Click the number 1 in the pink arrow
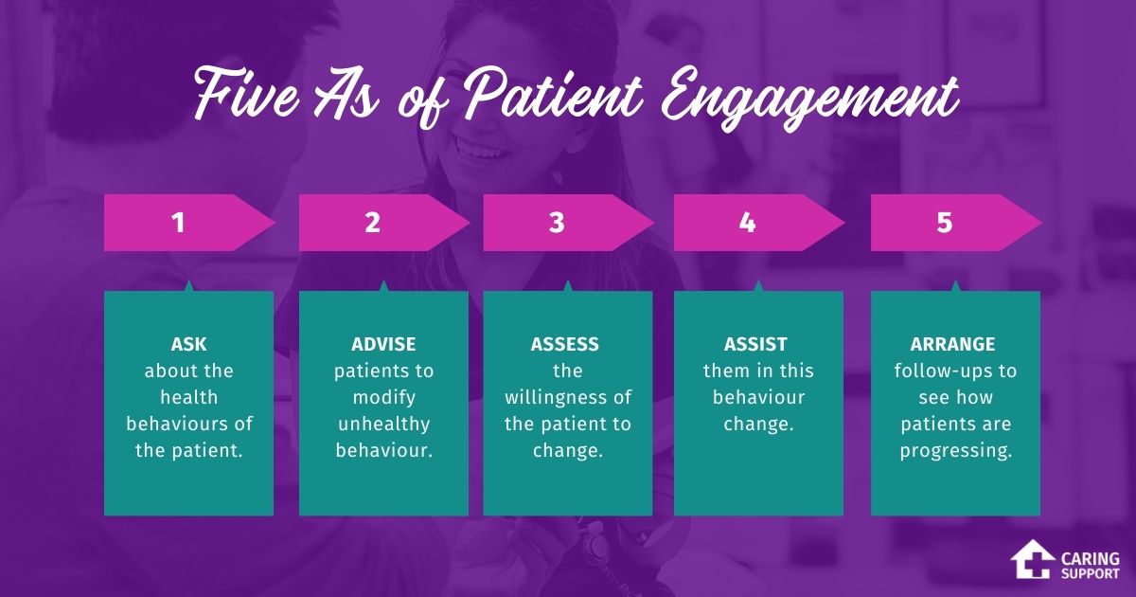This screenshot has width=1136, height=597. (177, 223)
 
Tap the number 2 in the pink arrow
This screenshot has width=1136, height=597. (372, 223)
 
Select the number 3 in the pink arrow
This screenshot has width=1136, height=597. (557, 223)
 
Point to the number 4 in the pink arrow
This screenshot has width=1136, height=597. (747, 223)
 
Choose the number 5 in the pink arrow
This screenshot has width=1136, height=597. (944, 223)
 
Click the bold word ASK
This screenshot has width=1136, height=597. (188, 344)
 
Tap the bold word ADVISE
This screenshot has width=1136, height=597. (383, 344)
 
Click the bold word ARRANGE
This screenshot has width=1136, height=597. (954, 344)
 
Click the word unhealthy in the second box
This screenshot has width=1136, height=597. (383, 424)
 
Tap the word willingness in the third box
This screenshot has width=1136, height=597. (567, 397)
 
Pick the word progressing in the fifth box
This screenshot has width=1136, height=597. (954, 450)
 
